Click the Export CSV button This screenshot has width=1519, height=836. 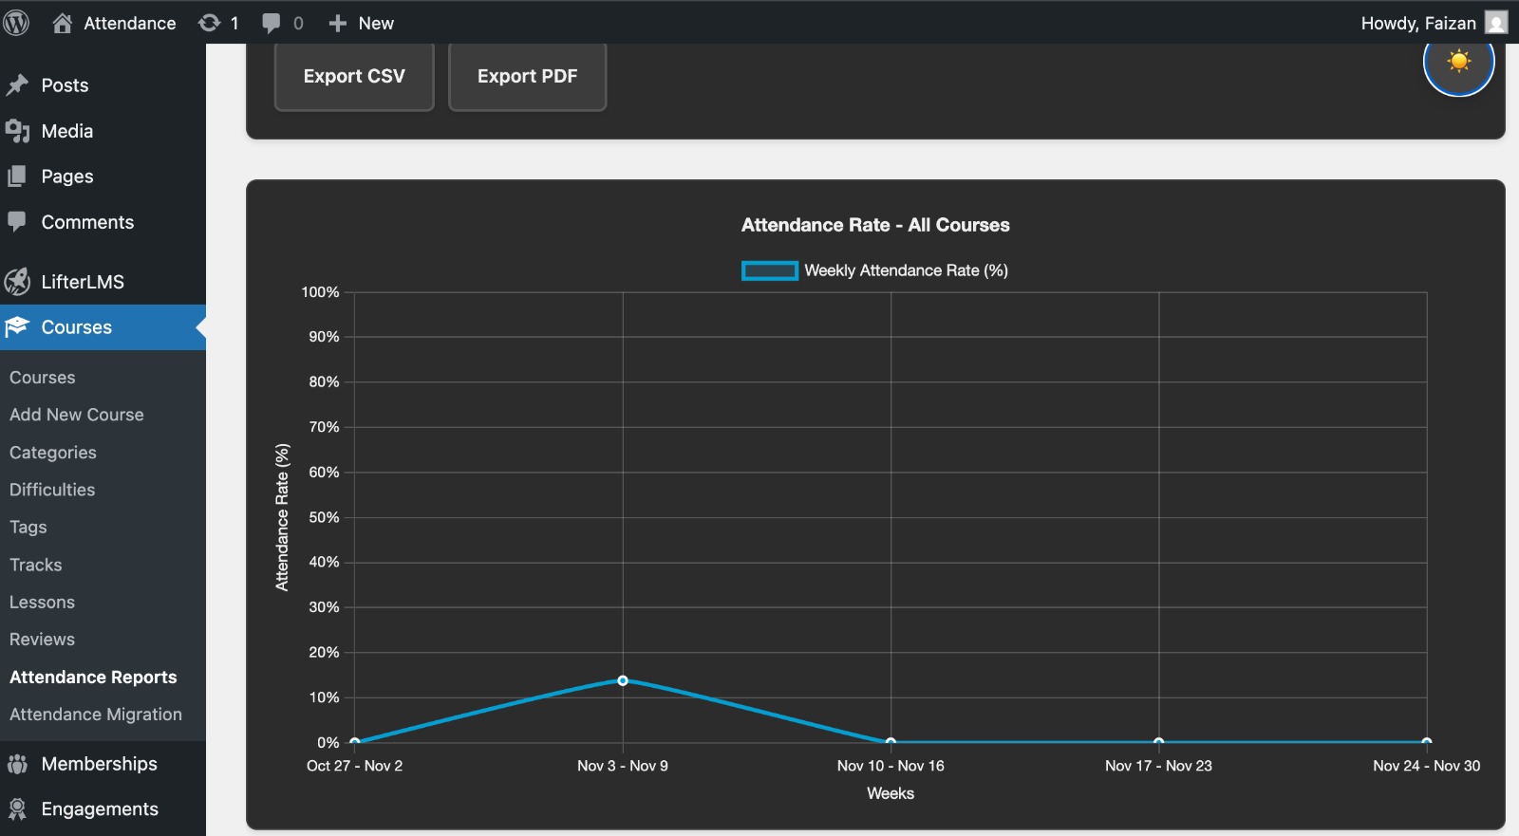354,77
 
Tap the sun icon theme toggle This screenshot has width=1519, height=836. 1458,63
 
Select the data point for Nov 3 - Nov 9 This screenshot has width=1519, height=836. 623,680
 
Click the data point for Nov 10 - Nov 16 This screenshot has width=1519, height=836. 891,741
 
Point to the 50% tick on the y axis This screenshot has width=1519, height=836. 324,517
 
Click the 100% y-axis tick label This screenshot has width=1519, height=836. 320,292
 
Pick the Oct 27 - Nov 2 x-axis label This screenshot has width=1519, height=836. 354,766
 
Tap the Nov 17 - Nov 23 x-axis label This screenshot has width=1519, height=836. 1158,766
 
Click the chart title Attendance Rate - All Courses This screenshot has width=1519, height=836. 875,225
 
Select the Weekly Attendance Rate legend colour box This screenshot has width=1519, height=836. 769,270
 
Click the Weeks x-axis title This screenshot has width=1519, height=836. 891,793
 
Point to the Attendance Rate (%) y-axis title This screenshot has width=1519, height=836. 282,517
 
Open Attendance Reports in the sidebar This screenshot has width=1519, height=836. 93,677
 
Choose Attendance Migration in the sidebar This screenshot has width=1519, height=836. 96,715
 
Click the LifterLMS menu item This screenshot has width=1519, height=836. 83,282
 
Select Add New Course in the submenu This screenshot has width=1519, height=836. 77,415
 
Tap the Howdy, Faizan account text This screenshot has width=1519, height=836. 1417,23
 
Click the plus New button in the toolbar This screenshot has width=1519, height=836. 362,23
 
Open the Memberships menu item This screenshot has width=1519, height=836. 99,764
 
